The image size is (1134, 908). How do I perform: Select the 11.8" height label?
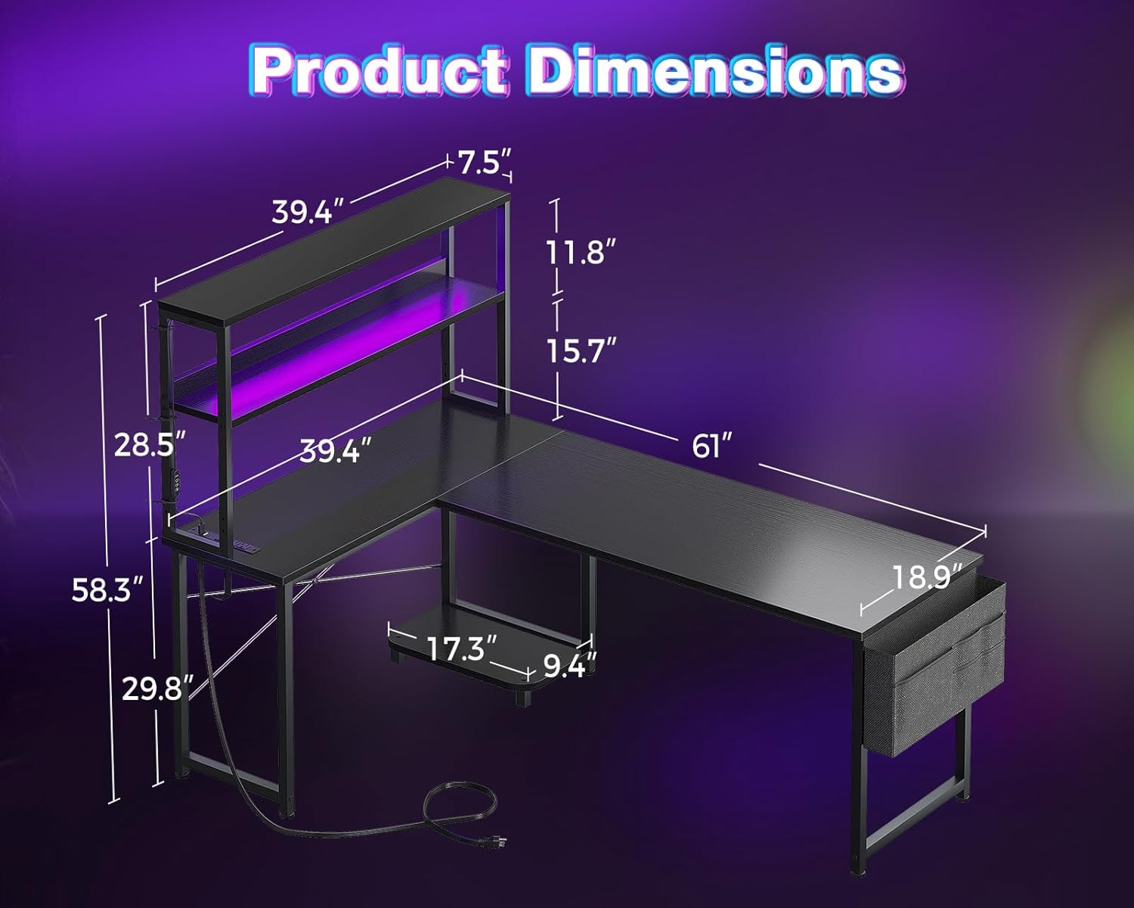pos(576,251)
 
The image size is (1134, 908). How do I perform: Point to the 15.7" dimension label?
pos(581,350)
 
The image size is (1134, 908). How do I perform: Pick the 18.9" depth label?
pos(927,577)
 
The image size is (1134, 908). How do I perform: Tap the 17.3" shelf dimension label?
pos(461,648)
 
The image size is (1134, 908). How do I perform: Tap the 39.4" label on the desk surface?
pos(335,451)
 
